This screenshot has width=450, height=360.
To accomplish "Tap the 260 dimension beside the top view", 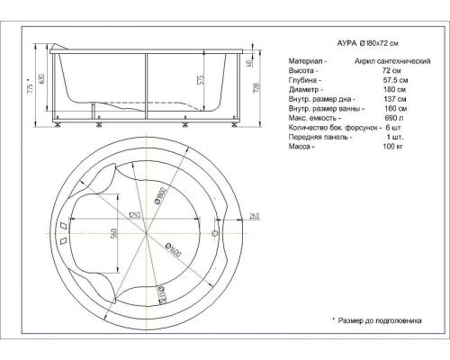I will pyautogui.click(x=254, y=215).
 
